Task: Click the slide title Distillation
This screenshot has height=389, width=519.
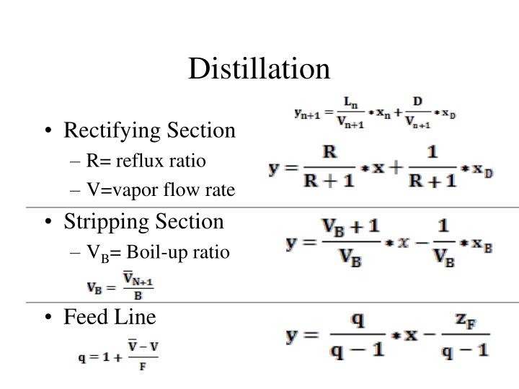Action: (259, 68)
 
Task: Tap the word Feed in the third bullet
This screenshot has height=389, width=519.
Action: (81, 316)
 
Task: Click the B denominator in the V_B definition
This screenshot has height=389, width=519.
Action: (138, 295)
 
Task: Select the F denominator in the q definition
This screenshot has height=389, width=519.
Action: (144, 366)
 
